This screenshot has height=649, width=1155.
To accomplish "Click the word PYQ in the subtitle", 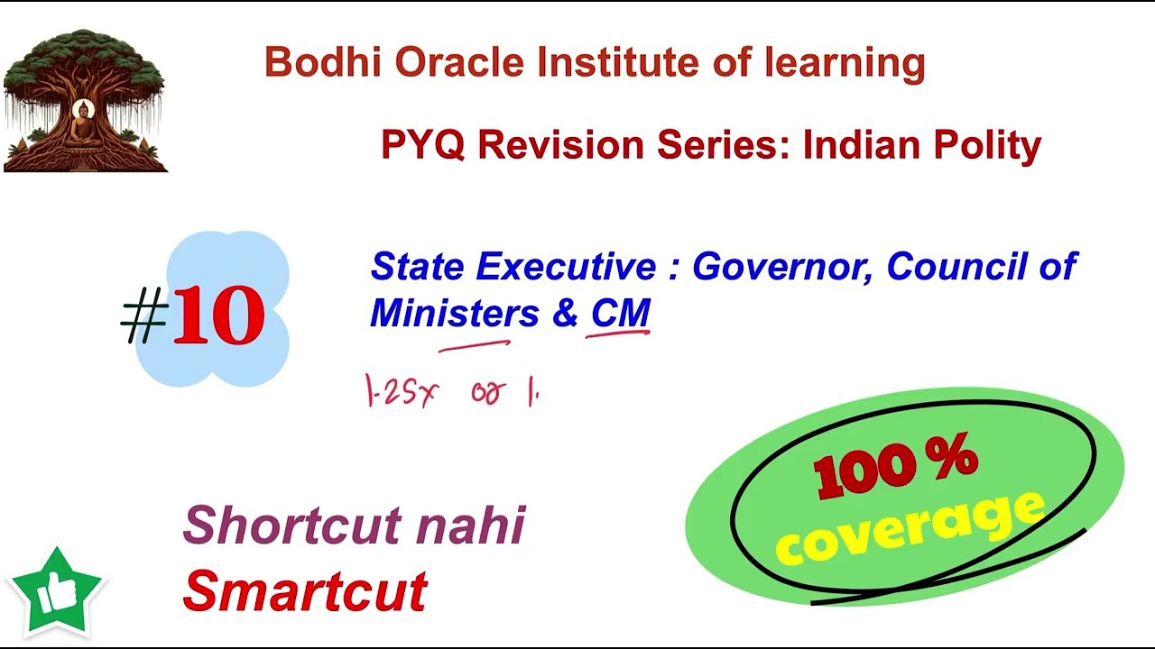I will coord(422,145).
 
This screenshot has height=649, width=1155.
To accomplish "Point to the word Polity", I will coord(986,145).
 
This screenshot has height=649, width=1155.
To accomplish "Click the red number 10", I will coord(218,316).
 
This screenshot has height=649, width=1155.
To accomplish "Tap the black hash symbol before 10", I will coord(144,318).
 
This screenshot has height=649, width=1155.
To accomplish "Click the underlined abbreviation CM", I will coord(620,314).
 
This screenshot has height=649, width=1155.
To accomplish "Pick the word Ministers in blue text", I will coord(454,314).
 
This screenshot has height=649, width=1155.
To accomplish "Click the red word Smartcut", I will coord(304,591).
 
